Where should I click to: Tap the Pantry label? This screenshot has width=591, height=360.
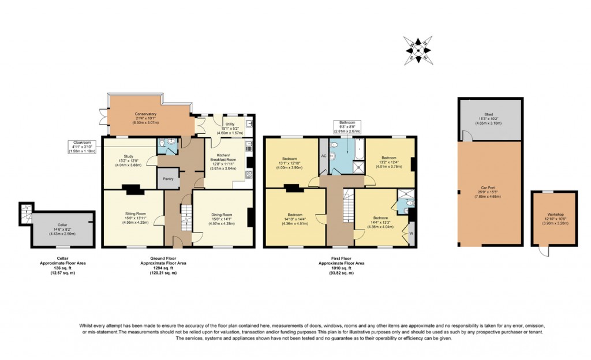(x=169, y=179)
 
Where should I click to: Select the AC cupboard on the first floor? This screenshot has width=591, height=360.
(x=323, y=156)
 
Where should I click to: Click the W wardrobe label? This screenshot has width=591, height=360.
(x=412, y=233)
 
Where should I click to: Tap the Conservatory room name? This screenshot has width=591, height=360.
(x=145, y=114)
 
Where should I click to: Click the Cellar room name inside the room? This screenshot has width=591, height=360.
(x=62, y=225)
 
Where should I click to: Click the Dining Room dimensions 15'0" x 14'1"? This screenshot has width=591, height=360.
(x=222, y=219)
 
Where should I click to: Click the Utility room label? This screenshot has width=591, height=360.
(x=230, y=124)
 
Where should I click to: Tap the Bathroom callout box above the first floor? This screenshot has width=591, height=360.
(x=347, y=126)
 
